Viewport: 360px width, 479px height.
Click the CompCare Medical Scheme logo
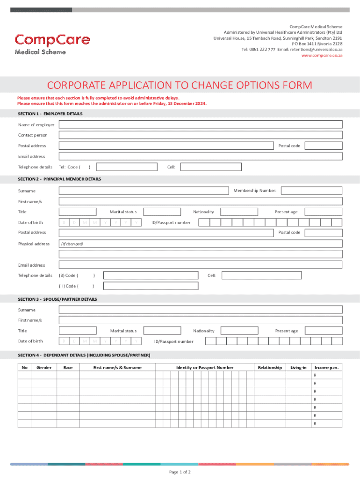pyautogui.click(x=51, y=44)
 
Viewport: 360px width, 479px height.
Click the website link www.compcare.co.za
pyautogui.click(x=322, y=55)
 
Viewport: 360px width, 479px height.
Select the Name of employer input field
pyautogui.click(x=200, y=124)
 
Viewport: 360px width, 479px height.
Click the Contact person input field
pyautogui.click(x=200, y=135)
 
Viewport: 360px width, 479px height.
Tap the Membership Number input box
pyautogui.click(x=311, y=190)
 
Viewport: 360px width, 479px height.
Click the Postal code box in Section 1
pyautogui.click(x=323, y=146)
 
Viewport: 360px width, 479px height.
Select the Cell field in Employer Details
pyautogui.click(x=211, y=167)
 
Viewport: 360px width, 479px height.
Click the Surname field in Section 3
pyautogui.click(x=200, y=310)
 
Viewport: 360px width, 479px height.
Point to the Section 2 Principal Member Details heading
pyautogui.click(x=59, y=179)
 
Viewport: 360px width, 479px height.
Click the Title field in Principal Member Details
pyautogui.click(x=77, y=212)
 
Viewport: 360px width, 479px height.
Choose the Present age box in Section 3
pyautogui.click(x=323, y=331)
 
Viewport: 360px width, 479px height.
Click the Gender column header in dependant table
pyautogui.click(x=44, y=368)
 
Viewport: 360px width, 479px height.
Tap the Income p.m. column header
pyautogui.click(x=326, y=368)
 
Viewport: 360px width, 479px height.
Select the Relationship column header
pyautogui.click(x=270, y=368)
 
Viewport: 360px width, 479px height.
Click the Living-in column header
pyautogui.click(x=298, y=368)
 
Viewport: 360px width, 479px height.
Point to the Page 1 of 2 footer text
pyautogui.click(x=180, y=472)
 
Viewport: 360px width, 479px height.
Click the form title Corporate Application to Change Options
pyautogui.click(x=180, y=85)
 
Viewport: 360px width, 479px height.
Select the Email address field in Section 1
pyautogui.click(x=200, y=156)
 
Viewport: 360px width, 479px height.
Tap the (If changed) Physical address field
pyautogui.click(x=200, y=244)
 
